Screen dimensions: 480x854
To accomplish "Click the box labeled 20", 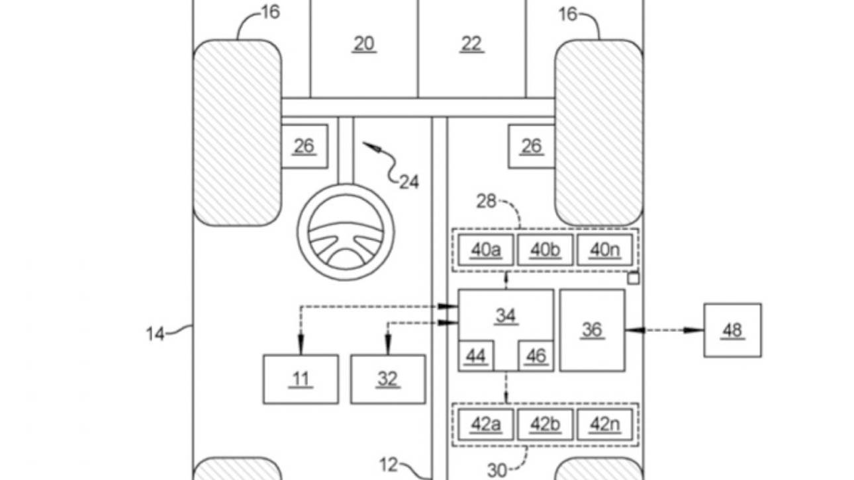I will click(363, 46).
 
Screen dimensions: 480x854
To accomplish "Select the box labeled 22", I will click(471, 46).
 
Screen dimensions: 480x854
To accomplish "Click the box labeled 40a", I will click(485, 250).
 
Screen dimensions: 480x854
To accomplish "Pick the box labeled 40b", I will click(545, 250).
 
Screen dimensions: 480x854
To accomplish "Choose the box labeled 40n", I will click(604, 250).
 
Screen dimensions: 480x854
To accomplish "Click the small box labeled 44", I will click(475, 357).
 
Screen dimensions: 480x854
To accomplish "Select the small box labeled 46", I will click(536, 357).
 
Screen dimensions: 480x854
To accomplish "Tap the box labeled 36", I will click(592, 329).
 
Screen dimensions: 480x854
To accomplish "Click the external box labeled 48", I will click(732, 330).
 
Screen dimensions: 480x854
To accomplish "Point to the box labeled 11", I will click(301, 379).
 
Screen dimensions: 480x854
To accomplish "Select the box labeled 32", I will click(388, 379).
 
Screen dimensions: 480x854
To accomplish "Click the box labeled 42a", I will click(485, 424).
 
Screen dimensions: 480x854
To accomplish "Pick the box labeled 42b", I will click(545, 424).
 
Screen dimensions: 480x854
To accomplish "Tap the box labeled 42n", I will click(604, 424).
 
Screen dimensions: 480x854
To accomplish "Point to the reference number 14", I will click(156, 334).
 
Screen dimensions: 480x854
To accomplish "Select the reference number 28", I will click(487, 202).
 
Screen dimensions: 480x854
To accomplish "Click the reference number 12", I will click(390, 465).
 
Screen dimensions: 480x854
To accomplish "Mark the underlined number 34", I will click(505, 315).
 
